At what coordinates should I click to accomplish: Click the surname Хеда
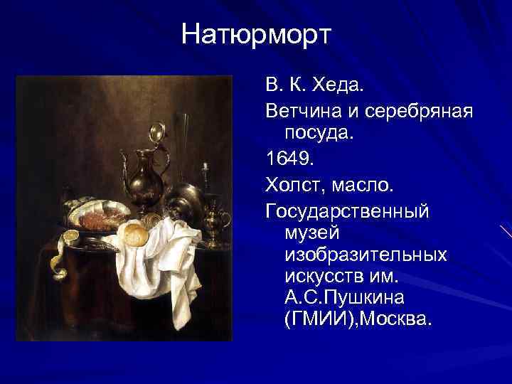tap(337, 87)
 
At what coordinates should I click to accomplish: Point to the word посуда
tap(318, 133)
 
